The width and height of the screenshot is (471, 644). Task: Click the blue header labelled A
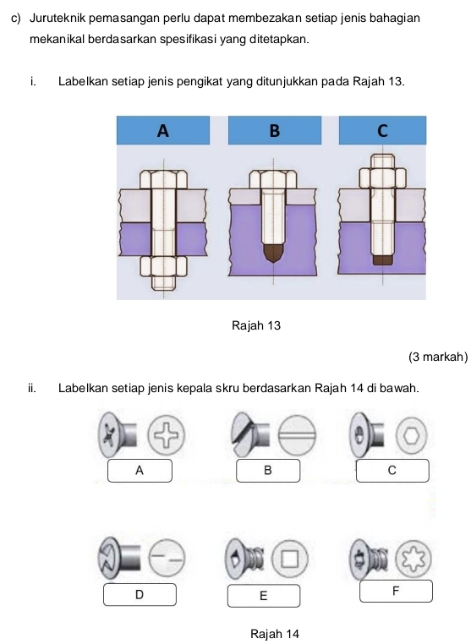163,130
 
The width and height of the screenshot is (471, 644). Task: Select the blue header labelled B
275,130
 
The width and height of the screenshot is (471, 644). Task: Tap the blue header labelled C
382,130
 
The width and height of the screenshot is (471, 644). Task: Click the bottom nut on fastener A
163,266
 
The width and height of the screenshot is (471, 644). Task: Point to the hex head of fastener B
273,180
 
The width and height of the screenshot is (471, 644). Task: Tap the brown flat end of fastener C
383,260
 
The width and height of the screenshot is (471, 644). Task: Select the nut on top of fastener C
383,177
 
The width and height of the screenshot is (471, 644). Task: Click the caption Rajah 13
256,325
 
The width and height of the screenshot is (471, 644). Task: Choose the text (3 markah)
438,357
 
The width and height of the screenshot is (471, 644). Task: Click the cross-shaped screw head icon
166,435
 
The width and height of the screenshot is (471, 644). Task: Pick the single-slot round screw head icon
297,435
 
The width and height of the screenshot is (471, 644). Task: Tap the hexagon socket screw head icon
412,436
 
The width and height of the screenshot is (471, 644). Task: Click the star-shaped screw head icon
413,559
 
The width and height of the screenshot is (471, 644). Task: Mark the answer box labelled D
140,594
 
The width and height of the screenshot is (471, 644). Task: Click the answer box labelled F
396,591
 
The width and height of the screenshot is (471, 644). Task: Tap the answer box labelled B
268,470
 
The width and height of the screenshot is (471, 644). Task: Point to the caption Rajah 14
275,634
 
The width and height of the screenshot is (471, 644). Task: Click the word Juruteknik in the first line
58,19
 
